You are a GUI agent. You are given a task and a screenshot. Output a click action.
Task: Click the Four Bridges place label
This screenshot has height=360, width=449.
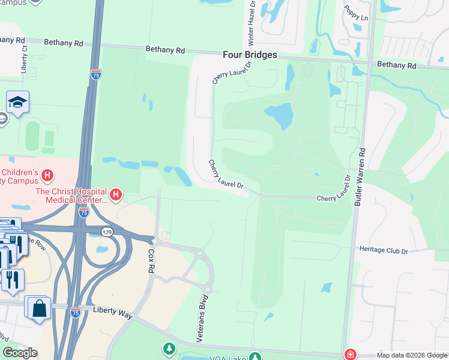point(250,55)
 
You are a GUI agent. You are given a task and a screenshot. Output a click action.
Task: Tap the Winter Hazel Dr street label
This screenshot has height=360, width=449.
point(251,23)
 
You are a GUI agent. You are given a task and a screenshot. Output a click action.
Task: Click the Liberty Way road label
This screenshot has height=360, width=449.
point(112,309)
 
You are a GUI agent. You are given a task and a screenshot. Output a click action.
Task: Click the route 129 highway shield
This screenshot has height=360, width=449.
point(107,231)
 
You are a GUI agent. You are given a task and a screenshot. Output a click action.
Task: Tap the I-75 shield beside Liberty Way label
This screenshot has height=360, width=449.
point(75,313)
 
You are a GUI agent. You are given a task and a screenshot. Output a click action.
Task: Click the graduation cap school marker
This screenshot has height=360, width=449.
point(18,103)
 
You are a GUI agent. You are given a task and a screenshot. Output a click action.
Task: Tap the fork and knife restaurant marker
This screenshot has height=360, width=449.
point(13,279)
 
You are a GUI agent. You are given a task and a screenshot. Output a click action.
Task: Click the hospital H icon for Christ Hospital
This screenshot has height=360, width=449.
point(116,195)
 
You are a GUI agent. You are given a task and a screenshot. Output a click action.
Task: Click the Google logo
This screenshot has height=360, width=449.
point(20,353)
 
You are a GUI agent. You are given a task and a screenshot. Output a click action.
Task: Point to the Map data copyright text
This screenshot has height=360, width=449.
point(412,355)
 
